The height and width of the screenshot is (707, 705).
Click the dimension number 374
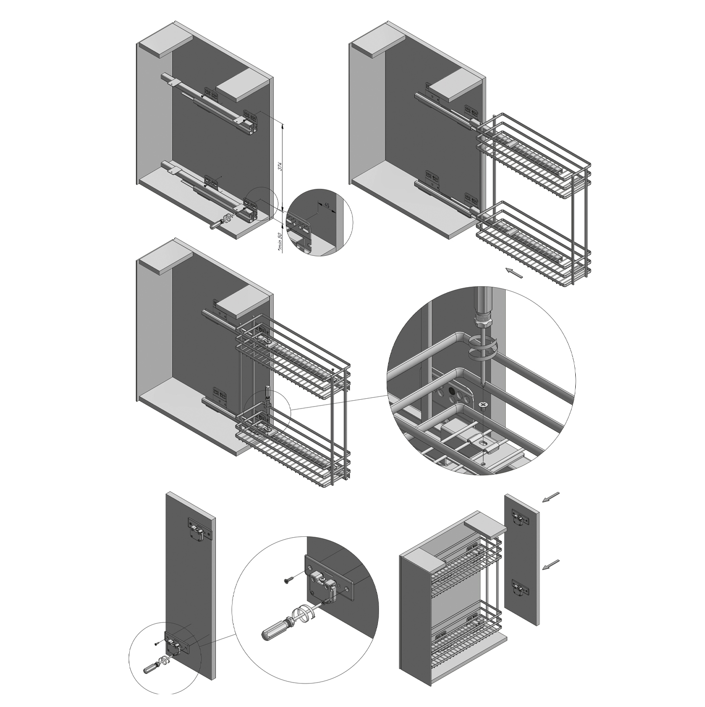tap(280, 166)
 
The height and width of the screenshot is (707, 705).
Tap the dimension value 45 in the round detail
tap(326, 205)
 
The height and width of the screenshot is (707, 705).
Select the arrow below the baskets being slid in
tap(514, 273)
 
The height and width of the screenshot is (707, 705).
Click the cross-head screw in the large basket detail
tap(483, 405)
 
